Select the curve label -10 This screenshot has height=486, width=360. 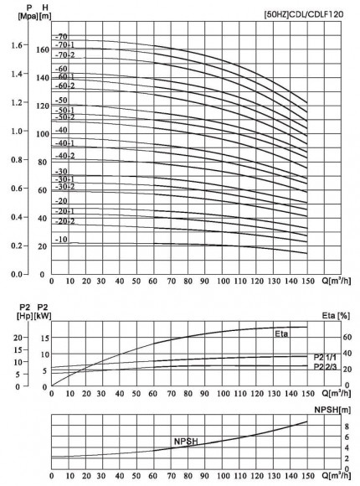(61, 240)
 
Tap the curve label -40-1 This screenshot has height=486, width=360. (65, 143)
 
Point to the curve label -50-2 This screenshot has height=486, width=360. (65, 117)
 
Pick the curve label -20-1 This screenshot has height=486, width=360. (65, 211)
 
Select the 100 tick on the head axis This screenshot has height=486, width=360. (44, 132)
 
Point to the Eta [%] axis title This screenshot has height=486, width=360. (337, 316)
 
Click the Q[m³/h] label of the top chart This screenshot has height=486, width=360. (328, 282)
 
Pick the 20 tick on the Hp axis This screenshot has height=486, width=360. (18, 337)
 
